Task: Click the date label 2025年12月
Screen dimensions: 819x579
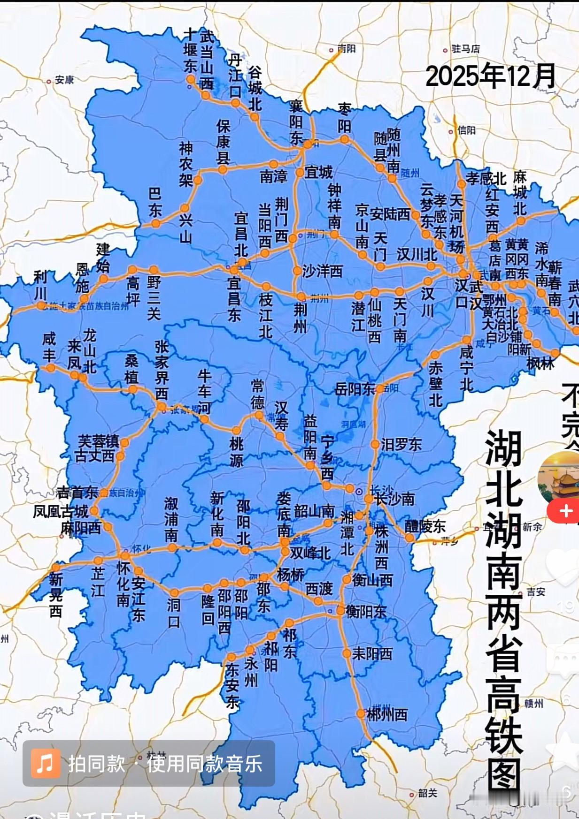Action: point(490,76)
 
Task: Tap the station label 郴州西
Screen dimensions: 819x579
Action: point(387,715)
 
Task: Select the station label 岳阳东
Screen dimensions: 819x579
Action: point(355,389)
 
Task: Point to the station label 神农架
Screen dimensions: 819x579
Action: point(186,165)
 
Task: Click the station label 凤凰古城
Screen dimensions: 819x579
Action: point(61,511)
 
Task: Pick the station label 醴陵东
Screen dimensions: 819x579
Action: point(425,526)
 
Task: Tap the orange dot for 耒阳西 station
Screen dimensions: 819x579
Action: point(346,653)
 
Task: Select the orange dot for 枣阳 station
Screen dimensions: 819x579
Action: point(345,139)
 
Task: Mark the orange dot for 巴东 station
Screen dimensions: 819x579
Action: point(156,223)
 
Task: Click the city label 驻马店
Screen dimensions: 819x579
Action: point(466,49)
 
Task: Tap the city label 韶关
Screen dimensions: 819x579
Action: point(427,793)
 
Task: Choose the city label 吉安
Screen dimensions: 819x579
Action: point(535,592)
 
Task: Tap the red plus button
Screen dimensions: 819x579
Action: point(566,511)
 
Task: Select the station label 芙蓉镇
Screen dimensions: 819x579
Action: point(98,441)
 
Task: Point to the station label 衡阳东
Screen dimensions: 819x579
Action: point(366,611)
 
